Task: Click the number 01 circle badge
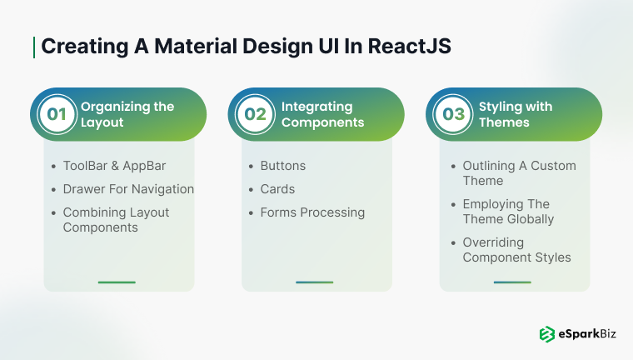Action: pyautogui.click(x=57, y=114)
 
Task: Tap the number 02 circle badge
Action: pyautogui.click(x=255, y=114)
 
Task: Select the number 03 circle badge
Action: pyautogui.click(x=452, y=114)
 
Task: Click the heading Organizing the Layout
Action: pyautogui.click(x=127, y=114)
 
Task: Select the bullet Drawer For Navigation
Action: pyautogui.click(x=128, y=189)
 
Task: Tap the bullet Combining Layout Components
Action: pyautogui.click(x=116, y=220)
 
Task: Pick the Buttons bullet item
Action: pyautogui.click(x=282, y=166)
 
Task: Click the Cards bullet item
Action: pyautogui.click(x=277, y=189)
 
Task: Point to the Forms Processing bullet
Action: pyautogui.click(x=312, y=212)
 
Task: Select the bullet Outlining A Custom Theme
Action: pyautogui.click(x=519, y=173)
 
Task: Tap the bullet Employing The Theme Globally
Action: pyautogui.click(x=508, y=212)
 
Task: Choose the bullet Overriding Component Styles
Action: pyautogui.click(x=516, y=250)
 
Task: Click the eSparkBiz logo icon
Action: pyautogui.click(x=546, y=334)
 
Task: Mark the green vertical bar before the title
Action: pyautogui.click(x=34, y=47)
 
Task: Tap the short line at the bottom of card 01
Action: pyautogui.click(x=117, y=282)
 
